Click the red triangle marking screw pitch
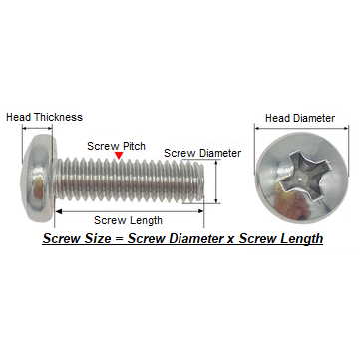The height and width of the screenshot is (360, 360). click(x=119, y=155)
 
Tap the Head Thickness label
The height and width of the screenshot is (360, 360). click(x=44, y=117)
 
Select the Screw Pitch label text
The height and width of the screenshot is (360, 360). click(x=116, y=146)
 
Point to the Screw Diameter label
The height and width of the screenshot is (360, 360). click(x=202, y=153)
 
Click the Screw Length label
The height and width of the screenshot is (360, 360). click(x=128, y=220)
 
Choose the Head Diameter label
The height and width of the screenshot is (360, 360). click(x=300, y=118)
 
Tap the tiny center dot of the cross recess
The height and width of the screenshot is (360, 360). click(x=300, y=179)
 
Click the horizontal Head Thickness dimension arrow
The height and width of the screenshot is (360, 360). click(x=37, y=128)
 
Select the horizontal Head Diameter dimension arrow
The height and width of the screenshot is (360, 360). click(x=301, y=128)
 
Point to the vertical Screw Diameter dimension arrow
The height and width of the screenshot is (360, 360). click(x=216, y=181)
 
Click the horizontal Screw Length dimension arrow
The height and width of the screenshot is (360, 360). click(x=129, y=211)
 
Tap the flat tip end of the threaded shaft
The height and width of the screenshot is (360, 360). click(x=201, y=180)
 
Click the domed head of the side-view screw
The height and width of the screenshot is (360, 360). click(x=37, y=178)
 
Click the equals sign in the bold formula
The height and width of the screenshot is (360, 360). click(x=119, y=239)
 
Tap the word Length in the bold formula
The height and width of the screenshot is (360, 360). click(x=301, y=239)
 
